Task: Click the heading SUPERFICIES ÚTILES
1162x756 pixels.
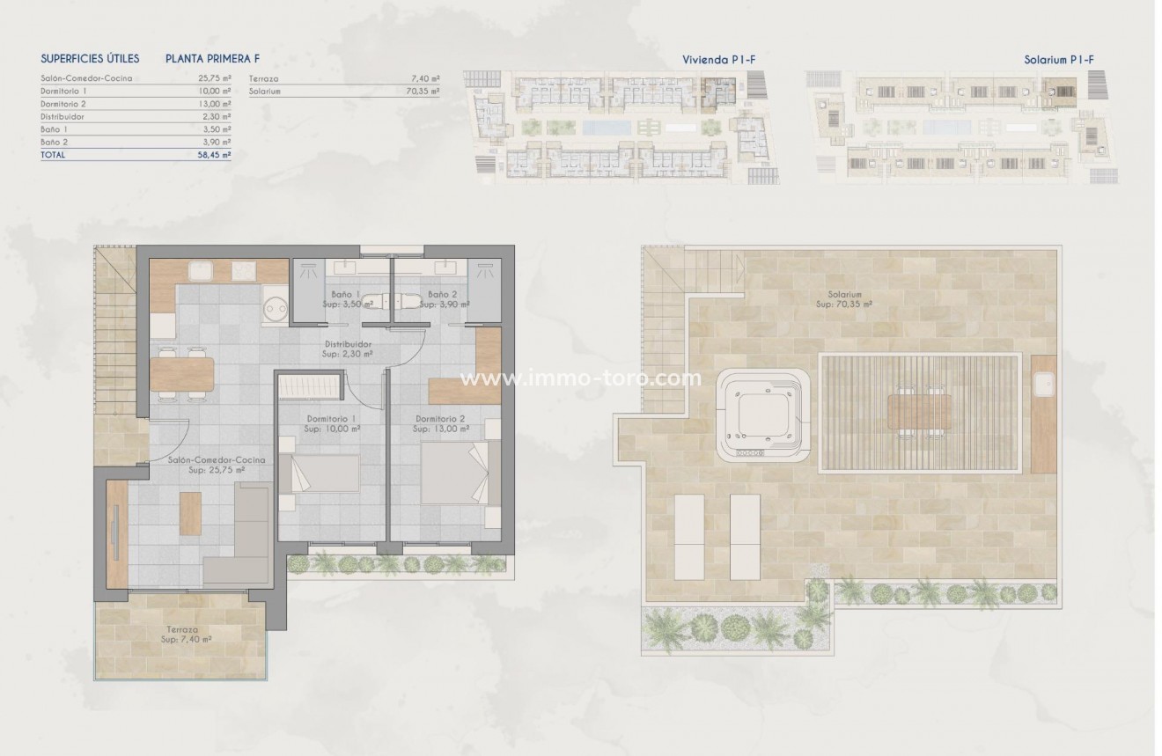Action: tap(90, 59)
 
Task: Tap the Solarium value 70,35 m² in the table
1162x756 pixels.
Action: tap(423, 91)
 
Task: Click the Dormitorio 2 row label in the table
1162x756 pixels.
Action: tap(63, 104)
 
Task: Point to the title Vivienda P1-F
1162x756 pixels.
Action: tap(719, 59)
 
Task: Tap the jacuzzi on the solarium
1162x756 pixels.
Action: tap(762, 415)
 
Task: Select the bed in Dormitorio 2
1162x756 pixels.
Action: tap(453, 473)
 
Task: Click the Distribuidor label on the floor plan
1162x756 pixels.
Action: tap(348, 344)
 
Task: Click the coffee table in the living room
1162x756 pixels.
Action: tap(190, 512)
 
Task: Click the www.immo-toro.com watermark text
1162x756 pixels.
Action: tap(581, 379)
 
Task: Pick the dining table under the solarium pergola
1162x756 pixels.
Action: tap(919, 412)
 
